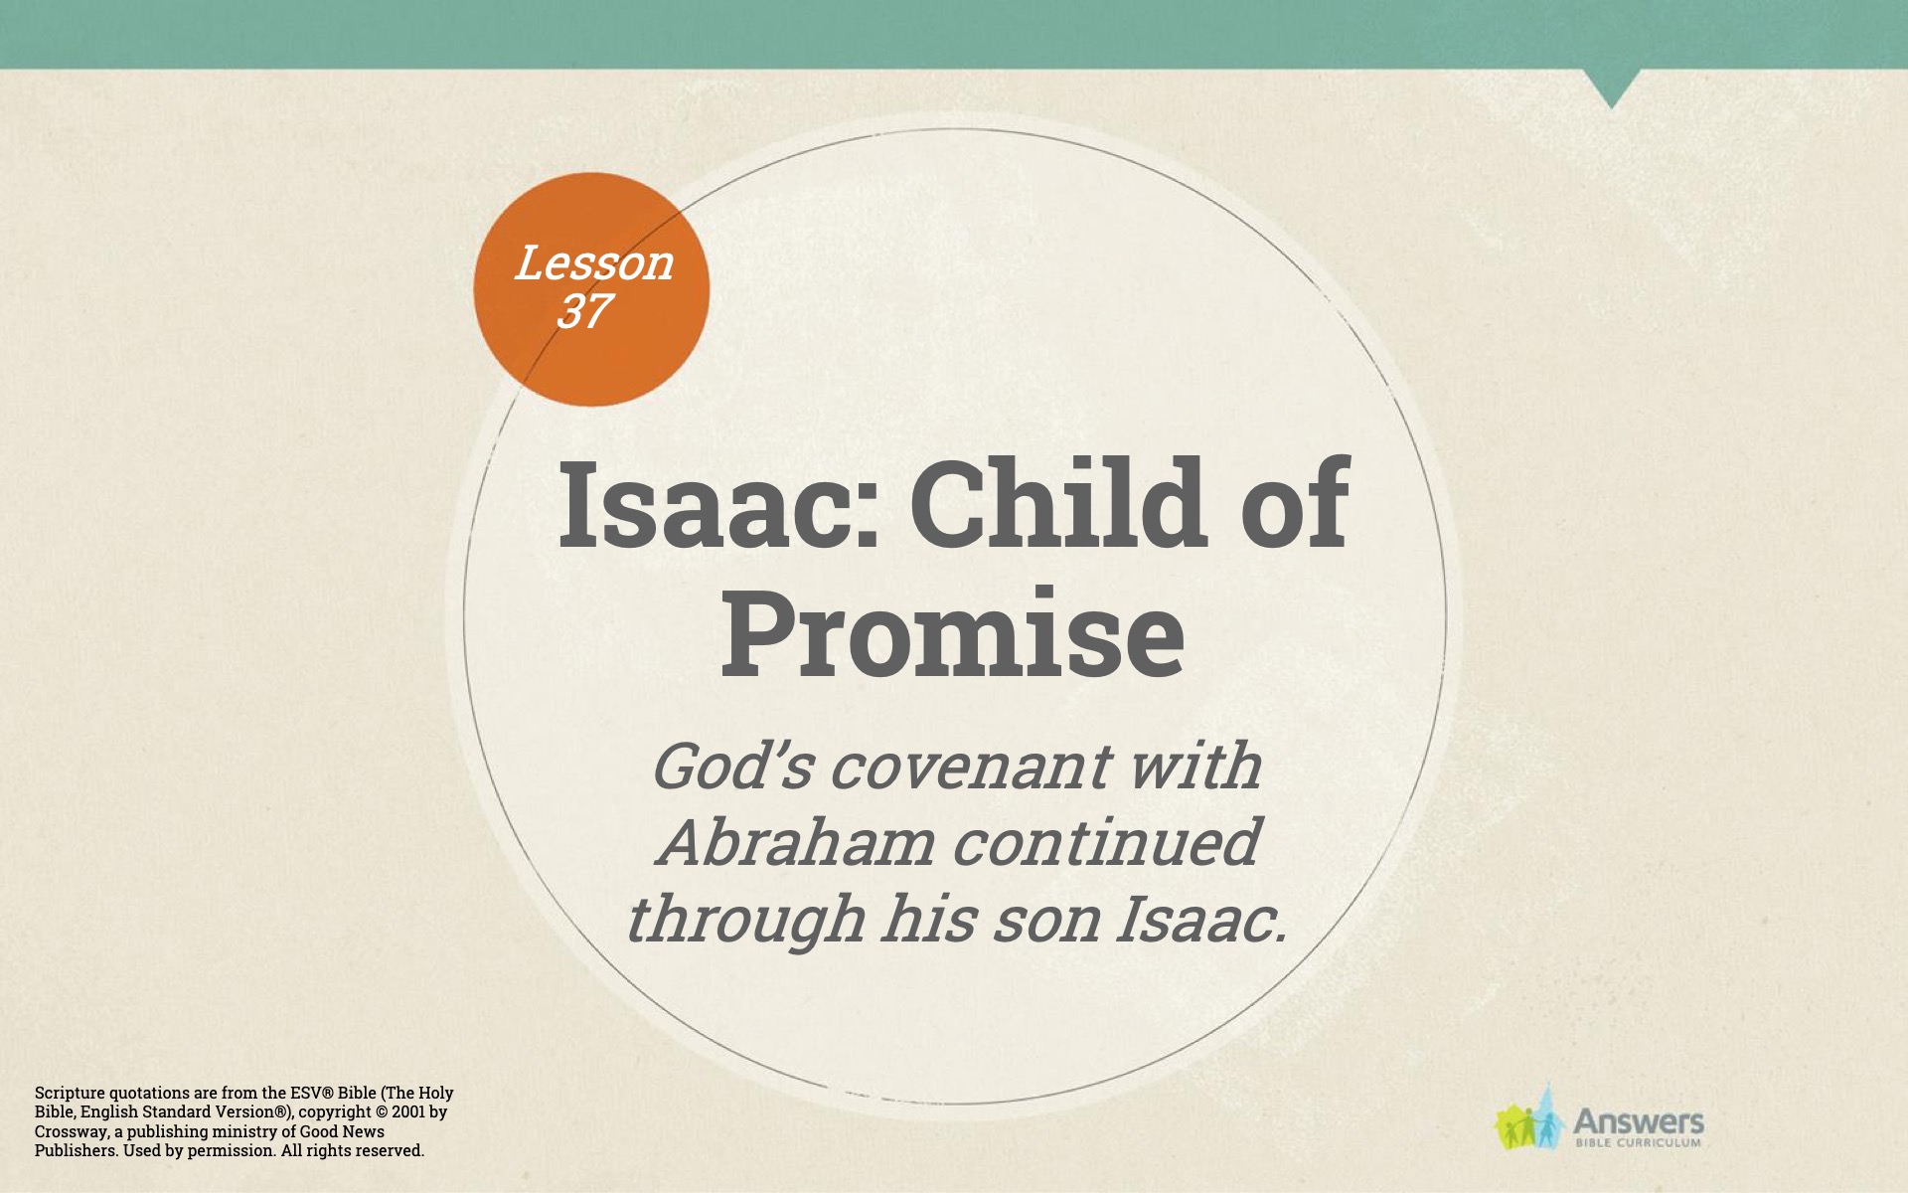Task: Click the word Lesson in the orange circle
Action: pyautogui.click(x=594, y=262)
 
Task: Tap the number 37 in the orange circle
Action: pyautogui.click(x=583, y=311)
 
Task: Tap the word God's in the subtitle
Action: pyautogui.click(x=732, y=767)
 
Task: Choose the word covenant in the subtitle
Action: pyautogui.click(x=970, y=767)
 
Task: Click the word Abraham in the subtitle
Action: pyautogui.click(x=796, y=842)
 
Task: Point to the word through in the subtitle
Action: pyautogui.click(x=745, y=920)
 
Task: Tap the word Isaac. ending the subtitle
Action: pyautogui.click(x=1201, y=919)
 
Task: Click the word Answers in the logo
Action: pyautogui.click(x=1639, y=1122)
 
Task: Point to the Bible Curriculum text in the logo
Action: pyautogui.click(x=1639, y=1143)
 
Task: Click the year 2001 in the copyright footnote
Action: pyautogui.click(x=409, y=1111)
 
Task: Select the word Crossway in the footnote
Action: pyautogui.click(x=72, y=1131)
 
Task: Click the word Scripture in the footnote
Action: pyautogui.click(x=70, y=1093)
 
